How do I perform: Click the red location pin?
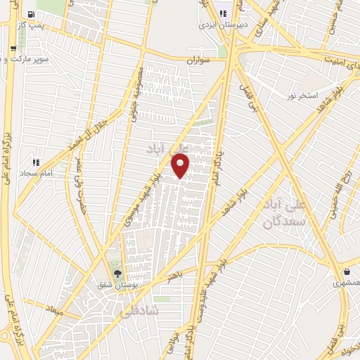(181, 166)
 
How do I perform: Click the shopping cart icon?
(13, 49)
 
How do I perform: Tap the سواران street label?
(198, 60)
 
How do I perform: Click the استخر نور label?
(302, 95)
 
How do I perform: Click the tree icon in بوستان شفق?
(117, 274)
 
